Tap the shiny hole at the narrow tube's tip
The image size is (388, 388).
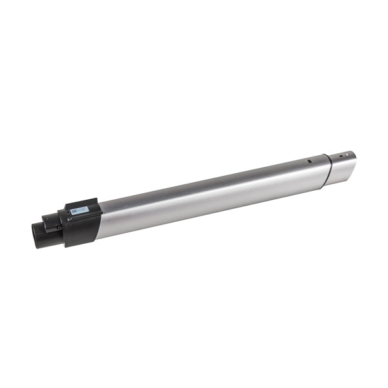click(349, 155)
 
